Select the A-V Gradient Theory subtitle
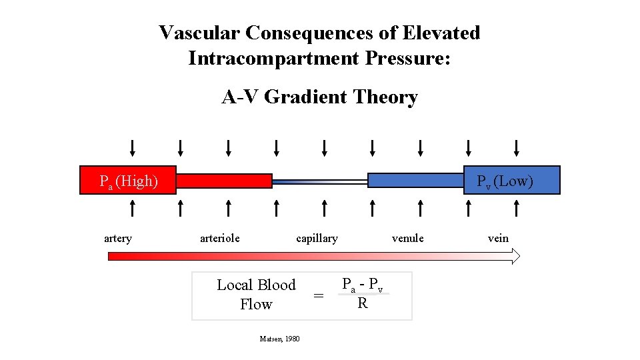pyautogui.click(x=319, y=97)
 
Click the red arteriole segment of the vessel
pyautogui.click(x=225, y=181)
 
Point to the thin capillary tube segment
pyautogui.click(x=320, y=181)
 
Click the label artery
pyautogui.click(x=118, y=239)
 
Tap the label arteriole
pyautogui.click(x=220, y=238)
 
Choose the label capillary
pyautogui.click(x=317, y=239)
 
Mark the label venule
pyautogui.click(x=407, y=238)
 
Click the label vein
pyautogui.click(x=498, y=238)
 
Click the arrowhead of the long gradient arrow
pyautogui.click(x=515, y=256)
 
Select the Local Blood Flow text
pyautogui.click(x=256, y=295)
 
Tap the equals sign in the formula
pyautogui.click(x=319, y=296)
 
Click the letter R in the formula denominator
pyautogui.click(x=362, y=304)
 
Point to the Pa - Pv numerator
pyautogui.click(x=362, y=285)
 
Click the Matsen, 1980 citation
pyautogui.click(x=279, y=339)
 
